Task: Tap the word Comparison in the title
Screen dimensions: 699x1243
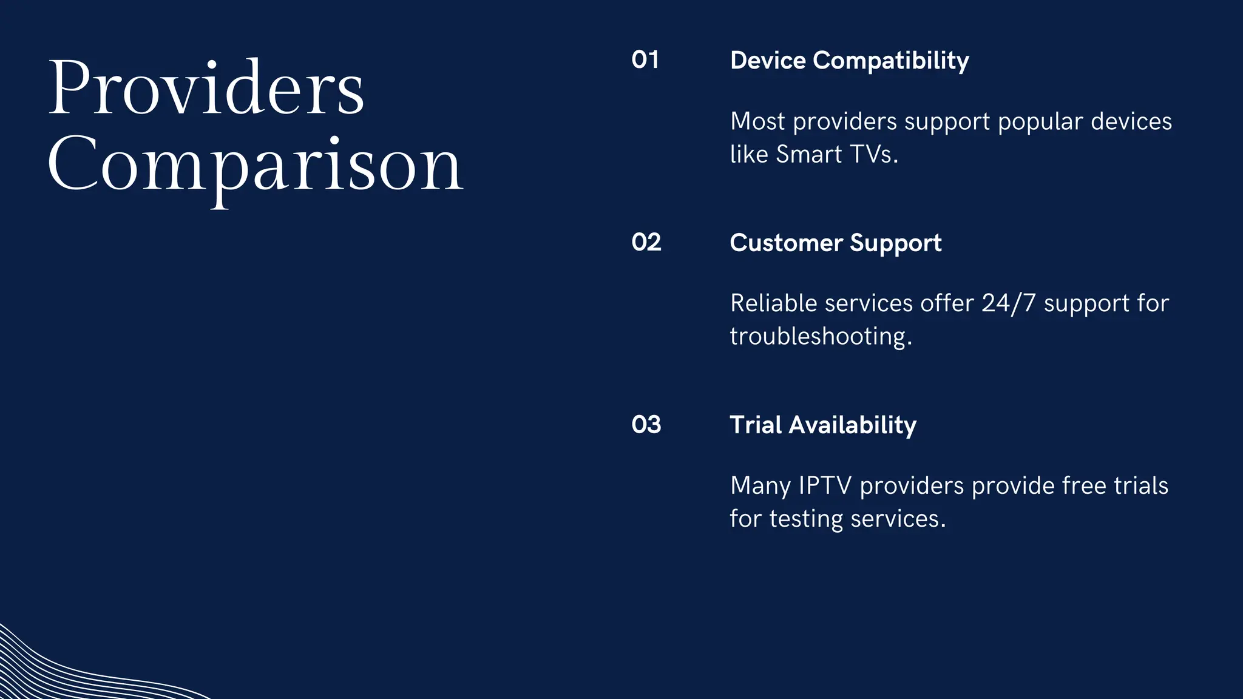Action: [x=255, y=165]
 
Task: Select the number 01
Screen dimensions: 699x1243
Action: [x=645, y=60]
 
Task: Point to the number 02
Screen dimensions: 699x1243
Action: [x=646, y=242]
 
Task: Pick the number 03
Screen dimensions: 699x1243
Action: [x=646, y=425]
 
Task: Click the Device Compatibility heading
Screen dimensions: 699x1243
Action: [x=849, y=61]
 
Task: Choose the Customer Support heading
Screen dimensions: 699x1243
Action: [x=835, y=243]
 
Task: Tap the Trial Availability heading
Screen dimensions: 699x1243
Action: [x=822, y=425]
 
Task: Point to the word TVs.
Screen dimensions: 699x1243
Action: [x=874, y=154]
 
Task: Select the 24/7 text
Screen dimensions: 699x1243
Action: [x=1008, y=303]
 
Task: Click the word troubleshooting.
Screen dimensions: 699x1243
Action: [x=821, y=336]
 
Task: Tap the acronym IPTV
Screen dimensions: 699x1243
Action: [x=825, y=485]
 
